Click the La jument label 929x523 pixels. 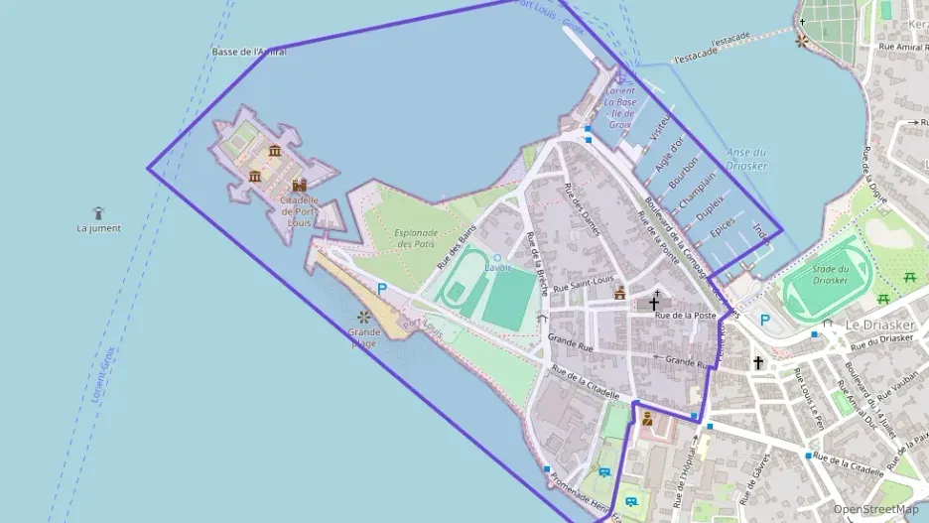tap(99, 228)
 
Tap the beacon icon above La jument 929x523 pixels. tap(98, 212)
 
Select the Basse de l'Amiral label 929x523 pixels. tap(249, 52)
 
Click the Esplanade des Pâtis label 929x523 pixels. tap(416, 238)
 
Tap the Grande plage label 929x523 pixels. tap(363, 337)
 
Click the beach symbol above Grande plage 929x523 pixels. tap(363, 318)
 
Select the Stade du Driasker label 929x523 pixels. tap(829, 274)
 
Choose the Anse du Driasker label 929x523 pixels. tap(746, 159)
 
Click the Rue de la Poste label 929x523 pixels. tap(685, 316)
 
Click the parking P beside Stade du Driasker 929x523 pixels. tap(764, 320)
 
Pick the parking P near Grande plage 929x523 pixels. tap(382, 289)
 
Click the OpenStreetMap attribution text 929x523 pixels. tap(875, 509)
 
